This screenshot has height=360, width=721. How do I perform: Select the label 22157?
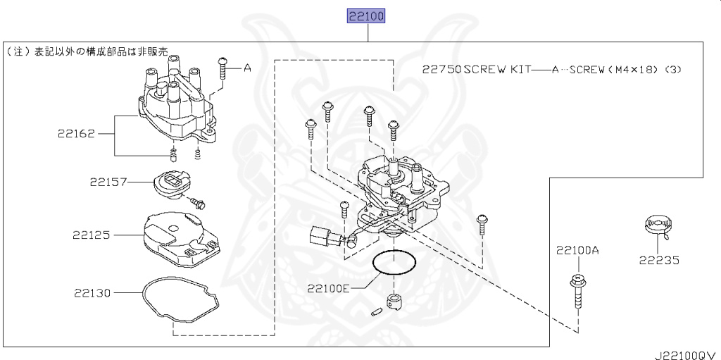coord(108,182)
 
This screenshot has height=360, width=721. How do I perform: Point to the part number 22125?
coord(90,235)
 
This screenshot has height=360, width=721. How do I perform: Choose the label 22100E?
coord(328,288)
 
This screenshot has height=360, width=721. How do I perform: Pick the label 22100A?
coord(577,250)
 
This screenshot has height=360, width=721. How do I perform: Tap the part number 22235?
coord(659,260)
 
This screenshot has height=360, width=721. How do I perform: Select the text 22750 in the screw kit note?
coord(441,70)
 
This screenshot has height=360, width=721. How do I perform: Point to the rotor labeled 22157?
coord(170,185)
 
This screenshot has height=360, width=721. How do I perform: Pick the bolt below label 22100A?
coord(576,292)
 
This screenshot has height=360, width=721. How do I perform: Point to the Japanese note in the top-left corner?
coord(88,51)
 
